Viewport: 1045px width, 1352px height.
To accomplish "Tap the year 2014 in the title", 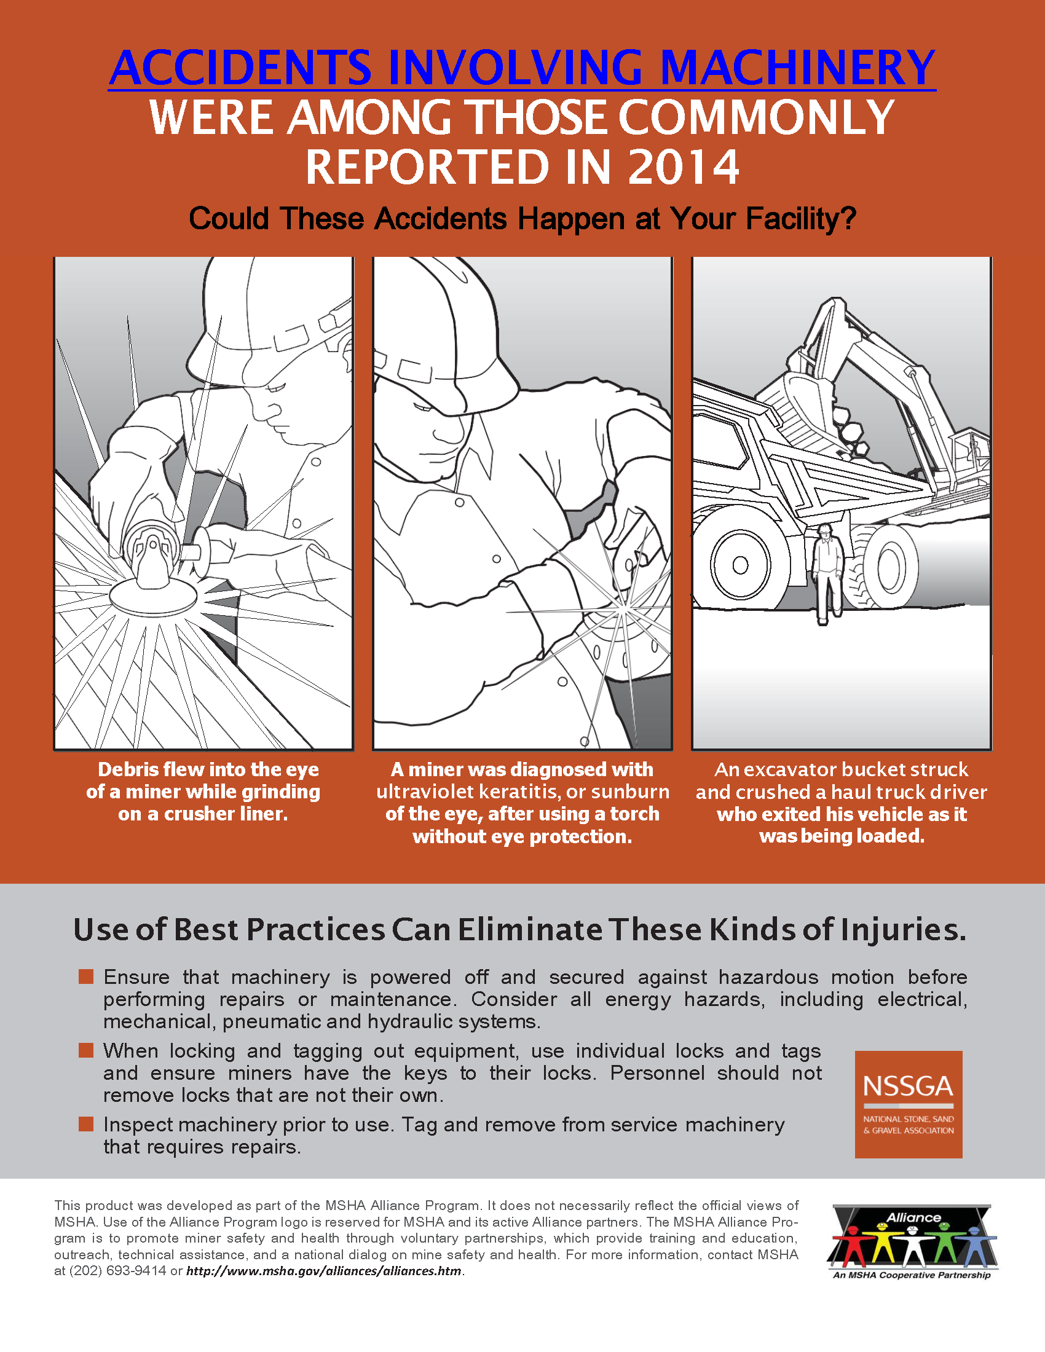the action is (684, 167).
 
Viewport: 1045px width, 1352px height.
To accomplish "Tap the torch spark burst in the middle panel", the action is (622, 610).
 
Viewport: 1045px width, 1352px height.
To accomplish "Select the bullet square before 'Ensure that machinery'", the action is (86, 977).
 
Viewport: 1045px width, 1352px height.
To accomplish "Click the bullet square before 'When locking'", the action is (86, 1050).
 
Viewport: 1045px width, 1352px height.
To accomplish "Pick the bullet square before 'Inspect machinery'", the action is (86, 1123).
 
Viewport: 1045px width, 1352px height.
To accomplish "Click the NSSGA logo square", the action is (908, 1104).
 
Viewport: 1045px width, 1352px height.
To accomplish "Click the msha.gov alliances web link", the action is (325, 1271).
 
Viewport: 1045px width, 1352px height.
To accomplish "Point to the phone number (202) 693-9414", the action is (117, 1271).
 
